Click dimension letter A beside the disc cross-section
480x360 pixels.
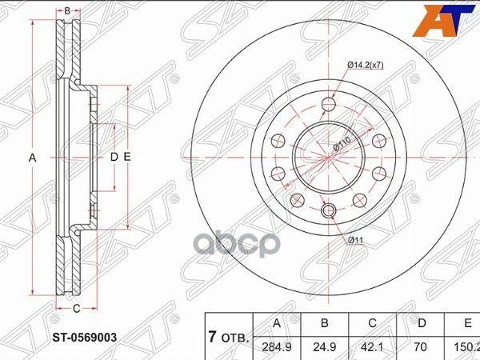point(33,158)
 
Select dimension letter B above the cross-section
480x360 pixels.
point(67,10)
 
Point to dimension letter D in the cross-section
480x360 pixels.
point(114,158)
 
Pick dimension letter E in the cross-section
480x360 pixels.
point(126,158)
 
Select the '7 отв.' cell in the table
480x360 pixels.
point(228,337)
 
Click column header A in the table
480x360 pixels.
point(278,323)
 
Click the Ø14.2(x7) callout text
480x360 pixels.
point(366,65)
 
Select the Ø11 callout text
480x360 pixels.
point(354,239)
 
